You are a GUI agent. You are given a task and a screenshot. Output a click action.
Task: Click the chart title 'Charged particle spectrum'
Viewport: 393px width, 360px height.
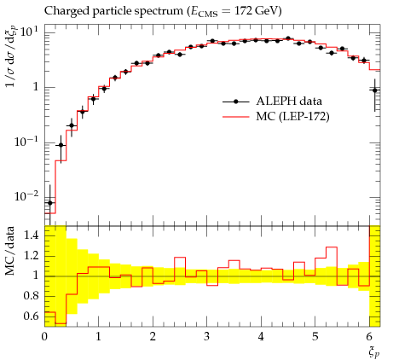(113, 11)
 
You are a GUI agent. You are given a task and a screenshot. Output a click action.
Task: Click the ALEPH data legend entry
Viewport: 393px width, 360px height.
(272, 102)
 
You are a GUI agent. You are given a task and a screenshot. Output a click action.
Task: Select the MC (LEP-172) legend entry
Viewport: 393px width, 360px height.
(276, 116)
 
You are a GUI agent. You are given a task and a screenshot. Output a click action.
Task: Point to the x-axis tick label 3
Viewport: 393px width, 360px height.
(207, 337)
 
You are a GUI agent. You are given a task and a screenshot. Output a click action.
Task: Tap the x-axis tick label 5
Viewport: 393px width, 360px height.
(315, 337)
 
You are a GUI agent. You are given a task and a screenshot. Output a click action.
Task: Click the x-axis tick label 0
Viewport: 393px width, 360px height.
(44, 337)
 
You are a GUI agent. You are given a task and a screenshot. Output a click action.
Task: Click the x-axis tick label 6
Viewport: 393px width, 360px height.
(369, 337)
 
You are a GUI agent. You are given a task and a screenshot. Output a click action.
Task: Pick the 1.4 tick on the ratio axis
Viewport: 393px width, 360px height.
(31, 235)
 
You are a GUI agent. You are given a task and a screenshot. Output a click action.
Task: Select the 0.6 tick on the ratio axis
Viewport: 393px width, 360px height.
(31, 316)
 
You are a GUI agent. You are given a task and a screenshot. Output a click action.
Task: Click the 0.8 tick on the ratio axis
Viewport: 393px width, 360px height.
(31, 296)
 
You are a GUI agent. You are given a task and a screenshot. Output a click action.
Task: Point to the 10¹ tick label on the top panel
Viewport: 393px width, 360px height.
(28, 32)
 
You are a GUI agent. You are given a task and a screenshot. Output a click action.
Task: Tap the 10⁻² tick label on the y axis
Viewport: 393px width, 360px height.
(26, 196)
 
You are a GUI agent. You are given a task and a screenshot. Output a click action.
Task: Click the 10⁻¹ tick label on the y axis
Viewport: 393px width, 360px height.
(26, 142)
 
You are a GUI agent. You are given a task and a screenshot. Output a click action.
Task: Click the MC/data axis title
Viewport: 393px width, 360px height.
(9, 251)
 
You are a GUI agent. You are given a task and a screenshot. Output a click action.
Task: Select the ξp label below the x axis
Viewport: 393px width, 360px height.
(374, 353)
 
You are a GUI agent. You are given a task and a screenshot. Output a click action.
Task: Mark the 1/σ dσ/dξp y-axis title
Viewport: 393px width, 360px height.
(10, 58)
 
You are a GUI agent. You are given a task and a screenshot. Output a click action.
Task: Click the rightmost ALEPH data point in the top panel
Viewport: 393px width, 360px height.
(375, 90)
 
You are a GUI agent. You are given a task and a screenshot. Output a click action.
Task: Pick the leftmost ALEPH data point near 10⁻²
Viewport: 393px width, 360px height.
(50, 203)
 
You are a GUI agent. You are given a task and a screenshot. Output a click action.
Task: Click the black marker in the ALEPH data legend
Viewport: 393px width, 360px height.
(235, 102)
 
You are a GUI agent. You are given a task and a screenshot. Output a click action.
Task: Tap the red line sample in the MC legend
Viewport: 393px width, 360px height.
(235, 117)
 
